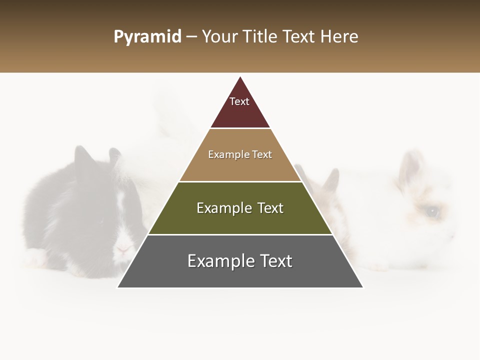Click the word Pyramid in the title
[x=147, y=37]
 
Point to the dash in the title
[x=191, y=37]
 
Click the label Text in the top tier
[x=239, y=101]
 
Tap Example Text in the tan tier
[x=240, y=154]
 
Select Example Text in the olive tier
[x=240, y=208]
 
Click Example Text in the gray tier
[x=240, y=261]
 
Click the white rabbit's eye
[x=431, y=212]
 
